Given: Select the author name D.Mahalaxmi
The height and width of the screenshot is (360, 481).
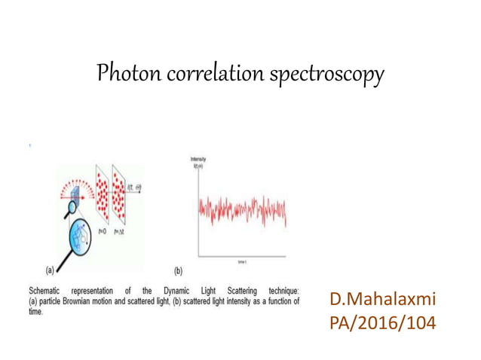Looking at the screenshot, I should click(383, 300).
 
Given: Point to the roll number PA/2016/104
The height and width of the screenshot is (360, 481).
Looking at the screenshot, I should click(383, 325).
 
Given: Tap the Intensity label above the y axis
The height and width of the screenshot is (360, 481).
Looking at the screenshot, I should click(199, 159).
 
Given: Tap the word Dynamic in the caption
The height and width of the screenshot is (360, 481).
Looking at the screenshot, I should click(175, 290).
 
